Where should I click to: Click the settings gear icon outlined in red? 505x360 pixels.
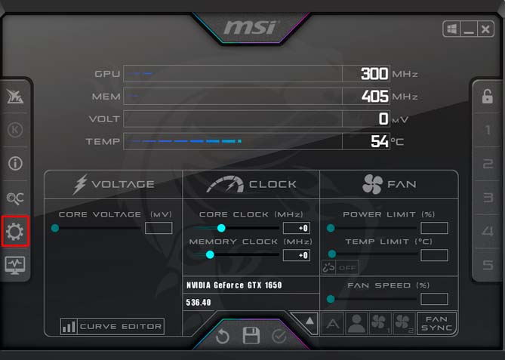15,232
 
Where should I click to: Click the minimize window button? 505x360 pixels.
469,29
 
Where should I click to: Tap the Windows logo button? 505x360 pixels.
451,29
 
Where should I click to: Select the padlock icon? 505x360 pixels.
488,96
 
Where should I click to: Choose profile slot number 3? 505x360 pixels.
488,198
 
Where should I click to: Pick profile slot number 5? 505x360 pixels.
488,265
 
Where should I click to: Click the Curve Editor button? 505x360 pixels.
112,327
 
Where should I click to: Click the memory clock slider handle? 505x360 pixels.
210,254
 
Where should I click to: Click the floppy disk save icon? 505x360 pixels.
251,336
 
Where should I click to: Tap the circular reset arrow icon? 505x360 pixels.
223,337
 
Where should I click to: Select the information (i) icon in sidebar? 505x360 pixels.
15,163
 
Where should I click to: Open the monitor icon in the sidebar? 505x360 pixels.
15,266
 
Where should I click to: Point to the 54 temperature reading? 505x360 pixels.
380,141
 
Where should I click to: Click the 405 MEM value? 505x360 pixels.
375,96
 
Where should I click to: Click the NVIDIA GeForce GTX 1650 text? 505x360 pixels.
234,285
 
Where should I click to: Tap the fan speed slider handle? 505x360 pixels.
331,299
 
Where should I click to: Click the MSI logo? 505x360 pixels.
251,27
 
